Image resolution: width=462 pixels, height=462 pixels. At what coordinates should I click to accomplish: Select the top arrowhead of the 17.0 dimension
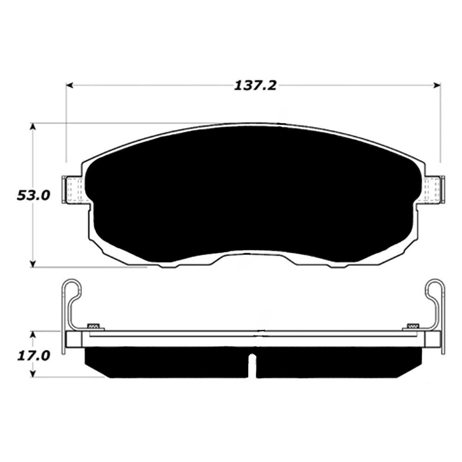pyautogui.click(x=33, y=334)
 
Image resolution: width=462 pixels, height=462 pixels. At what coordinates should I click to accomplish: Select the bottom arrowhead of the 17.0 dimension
pyautogui.click(x=33, y=374)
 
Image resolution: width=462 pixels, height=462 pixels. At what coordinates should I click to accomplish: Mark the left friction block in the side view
pyautogui.click(x=166, y=362)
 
